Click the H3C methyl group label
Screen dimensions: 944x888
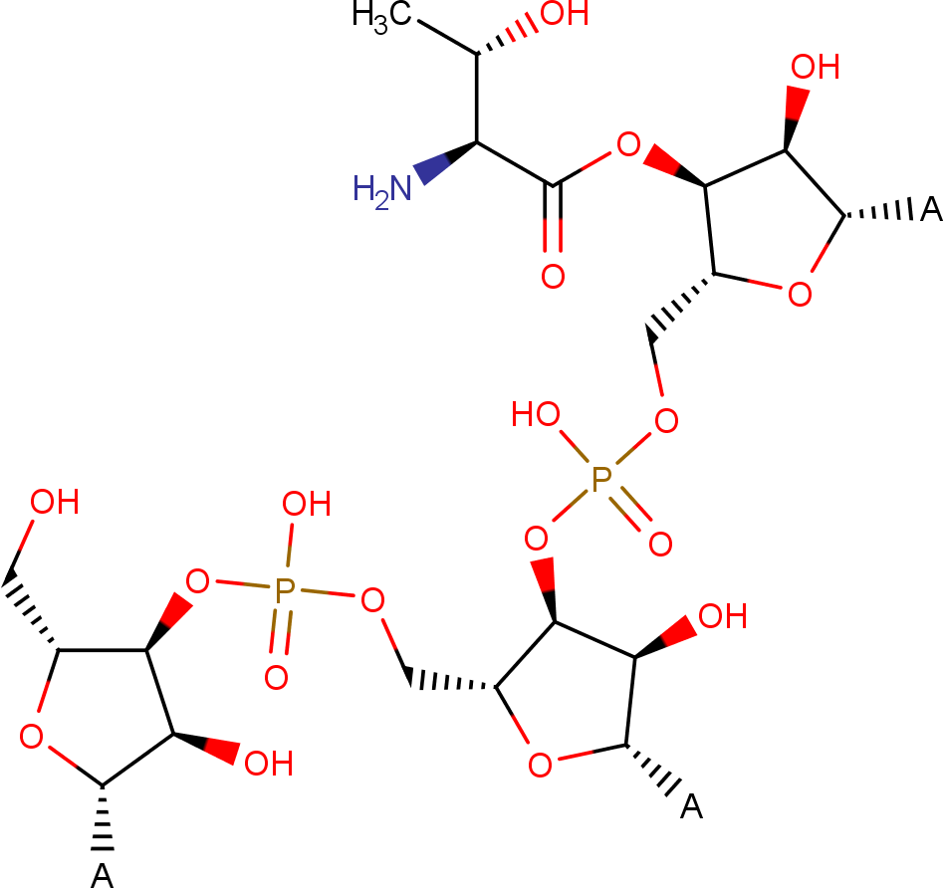point(381,16)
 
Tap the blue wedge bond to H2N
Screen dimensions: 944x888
point(444,162)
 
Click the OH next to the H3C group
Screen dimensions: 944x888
point(565,14)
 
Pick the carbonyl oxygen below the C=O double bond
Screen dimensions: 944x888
point(553,277)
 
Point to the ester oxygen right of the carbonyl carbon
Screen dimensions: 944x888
point(628,144)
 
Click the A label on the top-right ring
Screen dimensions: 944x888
point(931,209)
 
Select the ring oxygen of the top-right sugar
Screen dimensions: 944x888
point(800,295)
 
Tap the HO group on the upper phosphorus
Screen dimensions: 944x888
point(536,414)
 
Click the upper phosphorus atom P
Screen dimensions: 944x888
point(601,479)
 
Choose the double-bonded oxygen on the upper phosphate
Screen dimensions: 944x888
point(660,545)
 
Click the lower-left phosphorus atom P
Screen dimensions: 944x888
point(285,590)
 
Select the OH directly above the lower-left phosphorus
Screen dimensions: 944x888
point(307,504)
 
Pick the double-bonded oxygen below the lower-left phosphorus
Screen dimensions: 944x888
point(277,678)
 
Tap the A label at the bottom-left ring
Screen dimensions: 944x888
point(102,876)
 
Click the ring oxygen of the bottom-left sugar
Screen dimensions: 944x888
point(31,737)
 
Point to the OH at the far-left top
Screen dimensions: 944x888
point(55,502)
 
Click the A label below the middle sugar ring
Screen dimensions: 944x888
point(691,806)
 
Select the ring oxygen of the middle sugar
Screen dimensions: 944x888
point(540,766)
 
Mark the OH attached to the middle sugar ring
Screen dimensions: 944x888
point(723,616)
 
